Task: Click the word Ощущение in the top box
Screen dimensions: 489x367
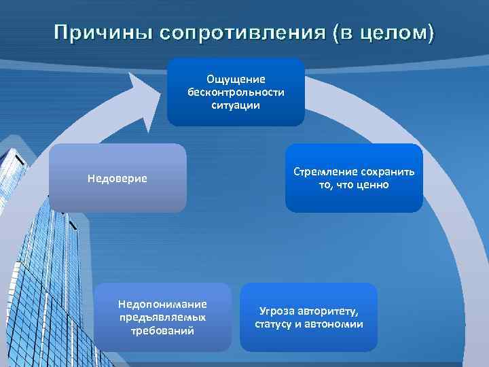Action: tap(236, 80)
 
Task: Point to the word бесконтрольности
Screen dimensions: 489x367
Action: tap(236, 93)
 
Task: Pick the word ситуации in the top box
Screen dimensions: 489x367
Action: tap(236, 106)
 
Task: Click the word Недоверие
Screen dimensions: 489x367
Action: tap(117, 179)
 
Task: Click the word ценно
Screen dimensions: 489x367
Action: tap(372, 185)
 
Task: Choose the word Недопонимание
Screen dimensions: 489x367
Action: tap(163, 304)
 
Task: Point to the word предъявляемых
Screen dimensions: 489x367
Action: tap(163, 317)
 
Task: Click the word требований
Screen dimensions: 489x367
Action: tap(163, 330)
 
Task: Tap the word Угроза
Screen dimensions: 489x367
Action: tap(276, 311)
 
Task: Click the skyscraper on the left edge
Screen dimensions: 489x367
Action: tap(27, 258)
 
